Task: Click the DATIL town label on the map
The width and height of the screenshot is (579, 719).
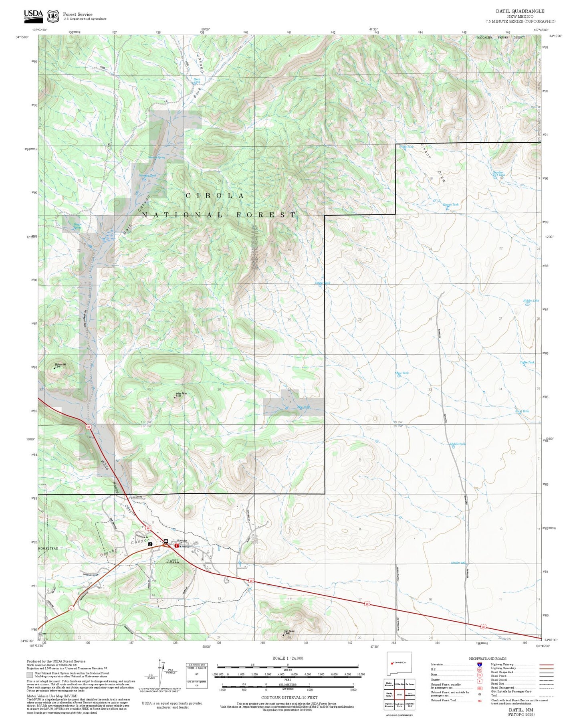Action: point(173,561)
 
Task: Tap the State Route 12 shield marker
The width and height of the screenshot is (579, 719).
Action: point(71,608)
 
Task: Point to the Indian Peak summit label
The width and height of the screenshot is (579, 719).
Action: point(181,394)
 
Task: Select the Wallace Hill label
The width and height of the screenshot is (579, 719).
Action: point(61,365)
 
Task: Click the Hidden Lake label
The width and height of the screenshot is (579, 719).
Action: point(531,301)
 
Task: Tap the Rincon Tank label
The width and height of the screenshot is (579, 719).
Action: point(450,205)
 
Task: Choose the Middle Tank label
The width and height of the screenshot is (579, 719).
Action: point(458,444)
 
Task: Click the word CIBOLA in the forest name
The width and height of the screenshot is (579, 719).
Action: point(215,196)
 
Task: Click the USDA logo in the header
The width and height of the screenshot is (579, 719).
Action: point(33,14)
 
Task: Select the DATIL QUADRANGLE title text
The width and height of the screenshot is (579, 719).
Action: point(520,11)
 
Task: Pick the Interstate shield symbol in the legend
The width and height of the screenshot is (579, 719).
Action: point(480,664)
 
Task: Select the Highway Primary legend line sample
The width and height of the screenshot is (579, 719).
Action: point(546,664)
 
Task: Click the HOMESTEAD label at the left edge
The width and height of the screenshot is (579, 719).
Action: point(48,548)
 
